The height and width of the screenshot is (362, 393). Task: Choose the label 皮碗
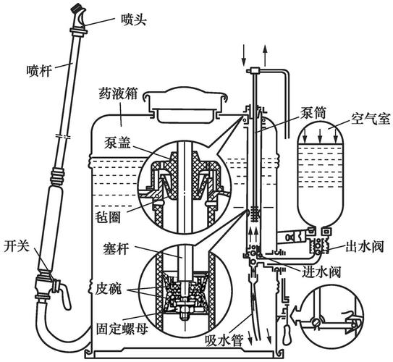coord(109,288)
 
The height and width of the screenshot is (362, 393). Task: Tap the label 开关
coord(15,245)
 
